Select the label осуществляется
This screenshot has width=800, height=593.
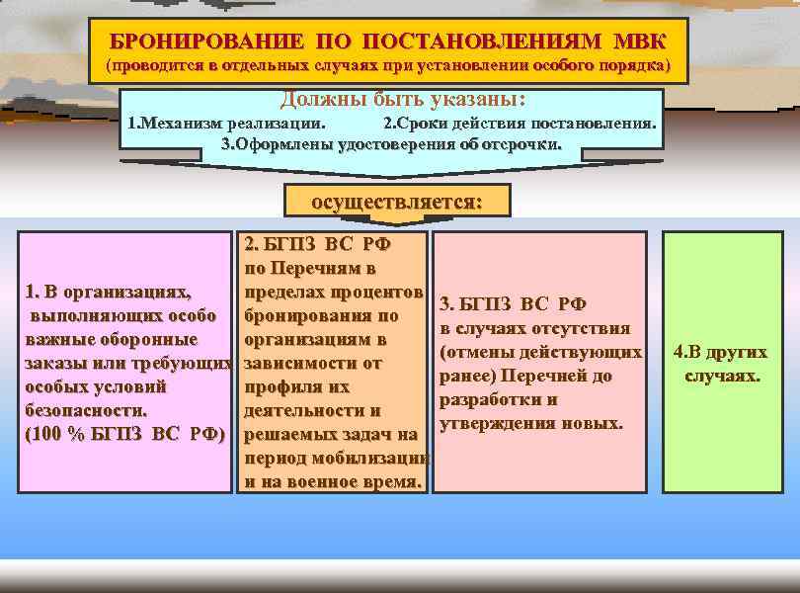click(x=397, y=201)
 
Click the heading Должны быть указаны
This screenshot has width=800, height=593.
click(x=402, y=101)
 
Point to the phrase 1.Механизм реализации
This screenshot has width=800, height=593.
click(x=226, y=125)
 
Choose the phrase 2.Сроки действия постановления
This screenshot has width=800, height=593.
click(x=520, y=125)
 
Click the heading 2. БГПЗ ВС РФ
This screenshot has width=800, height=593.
click(x=310, y=245)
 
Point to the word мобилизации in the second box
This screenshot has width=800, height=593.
click(x=381, y=459)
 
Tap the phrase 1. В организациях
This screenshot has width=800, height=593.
click(x=109, y=292)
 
